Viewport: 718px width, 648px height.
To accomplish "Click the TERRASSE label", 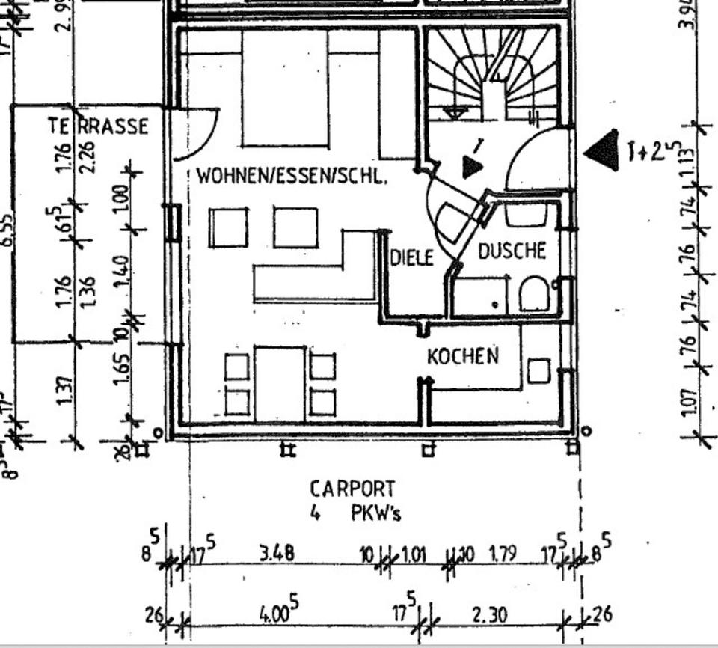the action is coord(99,126).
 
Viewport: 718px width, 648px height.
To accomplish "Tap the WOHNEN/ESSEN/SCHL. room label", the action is coord(292,177).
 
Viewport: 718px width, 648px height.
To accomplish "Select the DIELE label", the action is coord(411,258).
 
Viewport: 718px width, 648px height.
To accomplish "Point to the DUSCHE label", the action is coord(512,251).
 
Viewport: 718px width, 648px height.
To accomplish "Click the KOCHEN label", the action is coord(463,356).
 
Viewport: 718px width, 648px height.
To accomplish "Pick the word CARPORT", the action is coord(352,489).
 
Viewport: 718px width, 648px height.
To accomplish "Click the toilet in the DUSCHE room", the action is coord(534,293).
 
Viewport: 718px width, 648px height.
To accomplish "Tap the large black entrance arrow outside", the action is coord(603,150).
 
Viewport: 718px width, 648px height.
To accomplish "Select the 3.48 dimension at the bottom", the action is coord(276,554).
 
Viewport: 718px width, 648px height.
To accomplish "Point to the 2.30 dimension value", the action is coord(489,615).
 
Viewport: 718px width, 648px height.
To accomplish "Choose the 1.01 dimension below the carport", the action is coord(414,554).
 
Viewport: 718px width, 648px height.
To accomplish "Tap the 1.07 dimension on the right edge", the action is coord(689,401).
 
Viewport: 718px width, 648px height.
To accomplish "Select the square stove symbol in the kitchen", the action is coord(538,371).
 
